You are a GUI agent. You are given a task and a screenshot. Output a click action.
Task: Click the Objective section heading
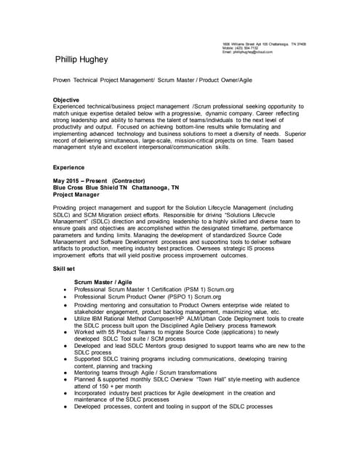point(66,100)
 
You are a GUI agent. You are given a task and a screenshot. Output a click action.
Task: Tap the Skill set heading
point(65,268)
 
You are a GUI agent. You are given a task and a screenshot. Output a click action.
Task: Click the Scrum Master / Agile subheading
point(105,282)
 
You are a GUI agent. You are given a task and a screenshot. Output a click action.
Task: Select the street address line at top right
point(263,44)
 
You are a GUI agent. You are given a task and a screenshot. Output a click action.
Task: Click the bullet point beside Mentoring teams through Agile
point(66,371)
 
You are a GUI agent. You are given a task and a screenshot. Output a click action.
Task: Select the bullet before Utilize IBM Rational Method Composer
point(66,318)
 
